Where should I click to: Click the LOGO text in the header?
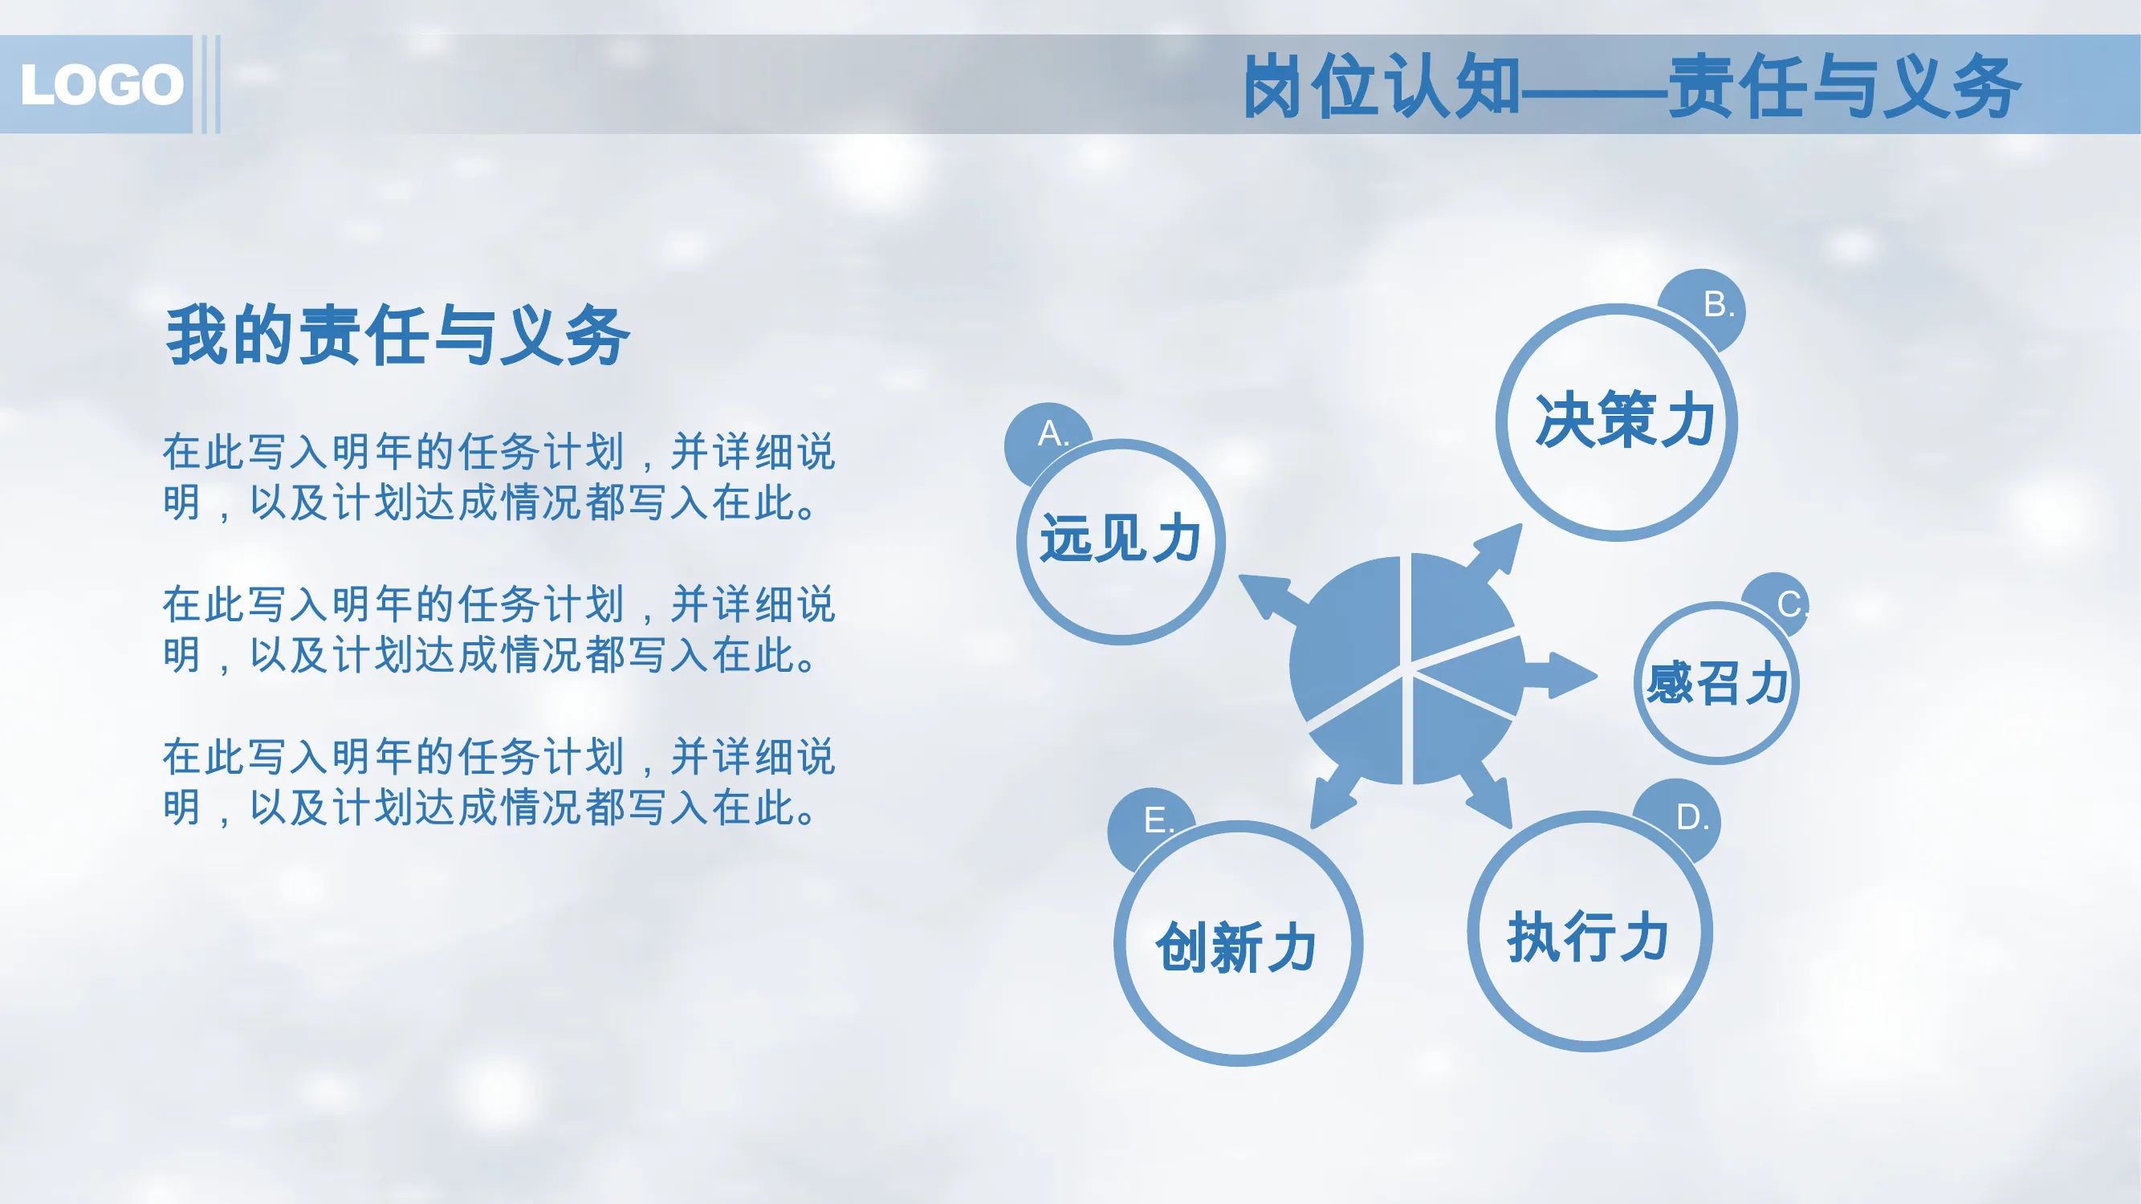point(102,85)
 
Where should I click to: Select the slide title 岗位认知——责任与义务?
point(1631,85)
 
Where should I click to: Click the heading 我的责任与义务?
point(398,335)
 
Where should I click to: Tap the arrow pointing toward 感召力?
point(1559,676)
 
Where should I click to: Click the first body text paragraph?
point(499,477)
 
